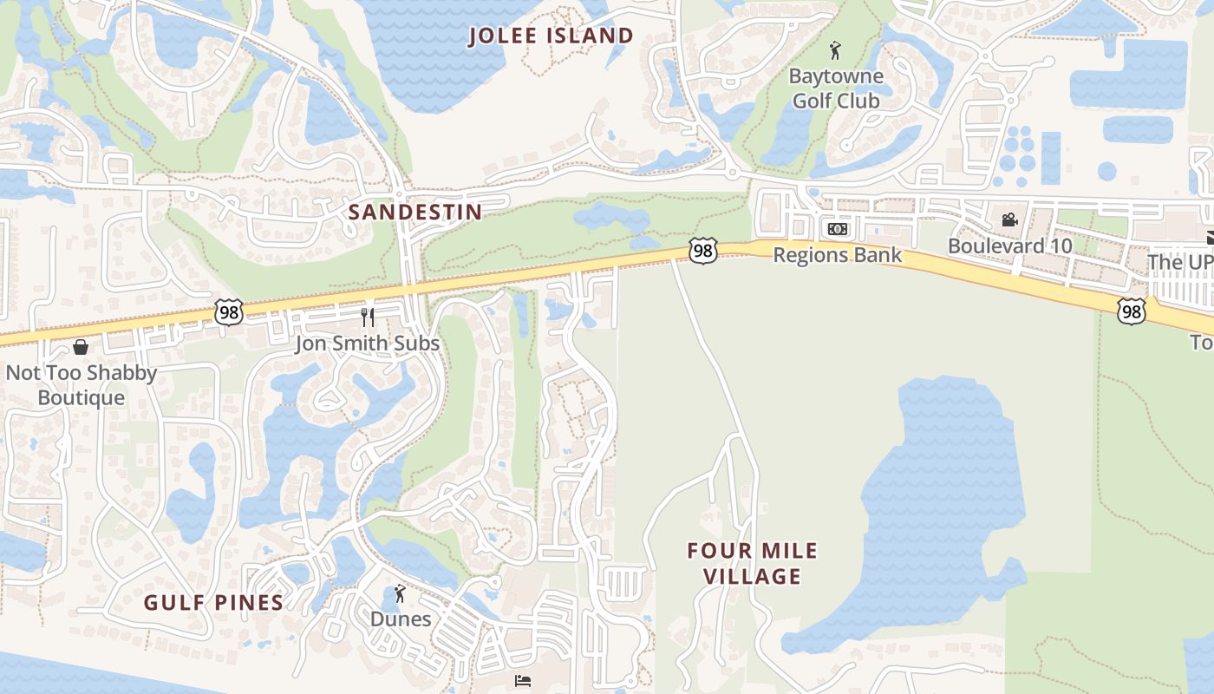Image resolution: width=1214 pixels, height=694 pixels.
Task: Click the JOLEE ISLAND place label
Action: coord(551,36)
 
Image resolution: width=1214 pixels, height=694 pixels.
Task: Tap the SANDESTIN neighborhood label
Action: coord(415,212)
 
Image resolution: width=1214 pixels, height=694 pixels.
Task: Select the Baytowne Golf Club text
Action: coord(836,88)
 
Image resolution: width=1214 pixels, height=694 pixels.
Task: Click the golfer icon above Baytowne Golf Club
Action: coord(835,50)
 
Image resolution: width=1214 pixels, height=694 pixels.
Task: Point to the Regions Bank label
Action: coord(837,255)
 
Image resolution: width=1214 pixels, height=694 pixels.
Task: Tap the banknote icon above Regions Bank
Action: coord(837,229)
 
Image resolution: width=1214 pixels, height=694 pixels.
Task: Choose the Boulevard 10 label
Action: coord(1009,246)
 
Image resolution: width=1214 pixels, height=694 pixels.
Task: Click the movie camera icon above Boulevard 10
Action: coord(1009,219)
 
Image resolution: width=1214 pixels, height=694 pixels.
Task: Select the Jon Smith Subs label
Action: coord(368,344)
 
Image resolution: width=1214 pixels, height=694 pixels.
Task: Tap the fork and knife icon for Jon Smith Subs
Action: coord(368,317)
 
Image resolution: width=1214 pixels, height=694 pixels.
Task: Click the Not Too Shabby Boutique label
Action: coord(82,385)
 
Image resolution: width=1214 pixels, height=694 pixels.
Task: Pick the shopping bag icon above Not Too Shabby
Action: coord(81,347)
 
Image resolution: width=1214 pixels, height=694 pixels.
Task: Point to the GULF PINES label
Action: coord(213,603)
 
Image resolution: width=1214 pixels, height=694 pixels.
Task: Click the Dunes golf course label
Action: coord(401,619)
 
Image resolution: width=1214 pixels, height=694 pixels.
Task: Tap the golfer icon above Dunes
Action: coord(400,593)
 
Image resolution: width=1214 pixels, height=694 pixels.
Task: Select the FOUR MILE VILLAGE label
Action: coord(752,563)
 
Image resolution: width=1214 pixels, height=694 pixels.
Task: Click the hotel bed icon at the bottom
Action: coord(523,680)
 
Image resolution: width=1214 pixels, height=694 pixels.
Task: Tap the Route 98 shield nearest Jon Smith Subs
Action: coord(228,312)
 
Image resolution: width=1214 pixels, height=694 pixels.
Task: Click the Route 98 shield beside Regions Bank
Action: coord(703,251)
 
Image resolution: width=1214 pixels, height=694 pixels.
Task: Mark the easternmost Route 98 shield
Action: coord(1131,311)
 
